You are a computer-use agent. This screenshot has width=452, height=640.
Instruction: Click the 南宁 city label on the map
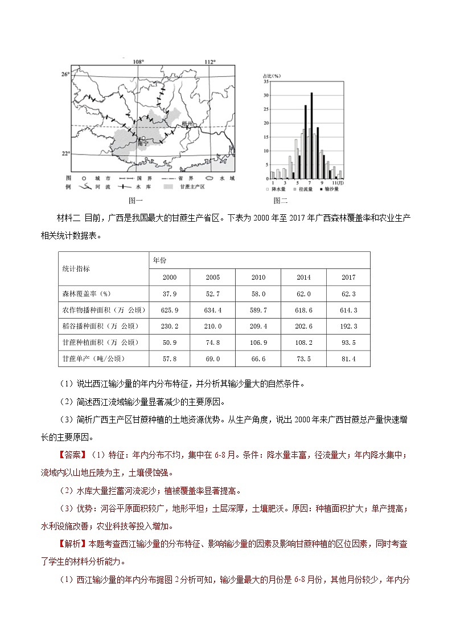(x=143, y=145)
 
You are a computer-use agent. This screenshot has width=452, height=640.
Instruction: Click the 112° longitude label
(x=209, y=62)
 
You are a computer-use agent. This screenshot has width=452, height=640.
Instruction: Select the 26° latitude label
(x=65, y=74)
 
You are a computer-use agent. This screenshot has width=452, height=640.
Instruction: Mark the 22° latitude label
(x=65, y=153)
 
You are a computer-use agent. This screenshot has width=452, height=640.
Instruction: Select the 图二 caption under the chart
(x=280, y=201)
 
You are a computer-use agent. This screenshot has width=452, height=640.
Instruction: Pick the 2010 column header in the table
(x=258, y=278)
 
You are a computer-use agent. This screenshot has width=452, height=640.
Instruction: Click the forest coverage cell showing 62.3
(x=348, y=293)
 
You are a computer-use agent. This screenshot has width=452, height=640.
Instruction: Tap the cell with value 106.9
(x=258, y=343)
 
